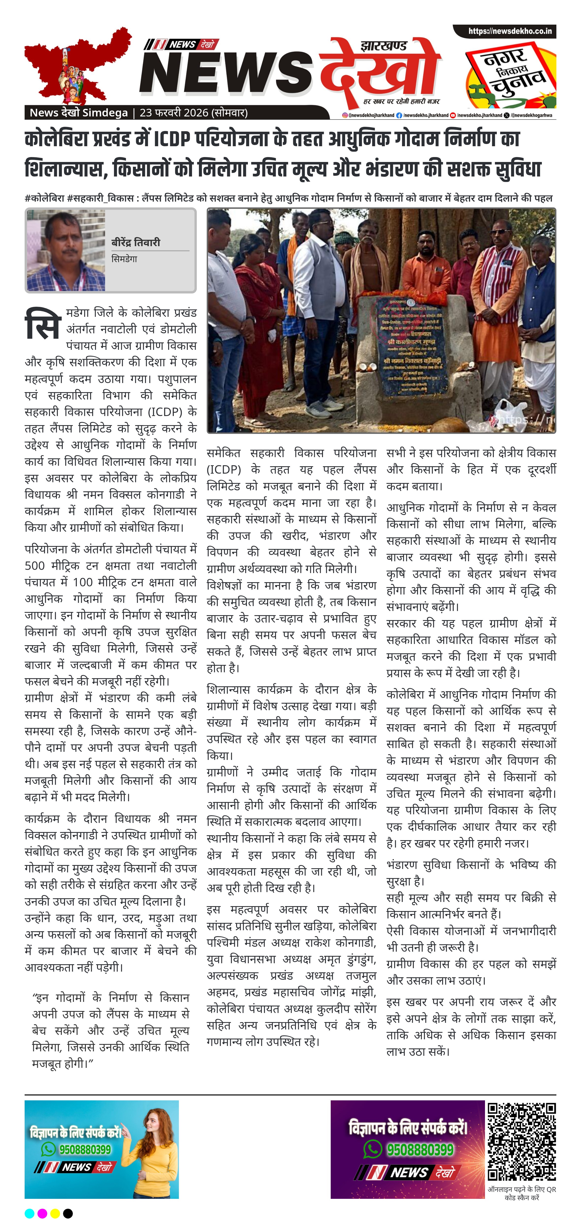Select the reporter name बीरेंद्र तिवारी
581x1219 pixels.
tap(136, 242)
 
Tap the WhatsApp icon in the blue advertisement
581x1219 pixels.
tap(48, 1149)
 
